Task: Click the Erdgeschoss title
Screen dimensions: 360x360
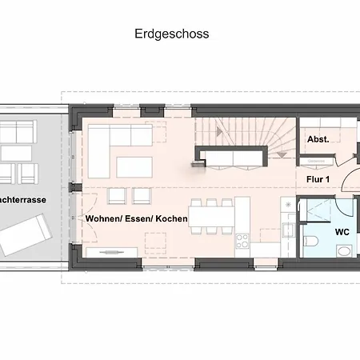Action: coord(172,34)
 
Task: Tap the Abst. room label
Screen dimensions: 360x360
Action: coord(318,139)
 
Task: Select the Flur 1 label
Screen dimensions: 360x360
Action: coord(318,179)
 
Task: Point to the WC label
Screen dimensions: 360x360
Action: coord(342,232)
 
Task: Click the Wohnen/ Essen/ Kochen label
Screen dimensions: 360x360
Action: coord(137,218)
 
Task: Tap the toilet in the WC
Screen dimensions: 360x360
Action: coord(310,242)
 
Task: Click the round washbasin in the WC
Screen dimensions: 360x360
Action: coord(343,251)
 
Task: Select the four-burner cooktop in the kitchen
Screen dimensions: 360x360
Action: coord(242,241)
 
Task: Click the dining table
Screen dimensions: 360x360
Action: coord(211,217)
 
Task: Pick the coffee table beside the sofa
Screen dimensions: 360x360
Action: coord(134,167)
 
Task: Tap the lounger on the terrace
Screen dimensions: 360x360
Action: coord(26,234)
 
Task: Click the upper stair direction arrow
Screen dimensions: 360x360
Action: coord(219,131)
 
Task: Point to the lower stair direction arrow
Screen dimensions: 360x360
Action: coord(282,154)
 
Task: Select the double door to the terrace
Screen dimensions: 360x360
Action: coord(90,218)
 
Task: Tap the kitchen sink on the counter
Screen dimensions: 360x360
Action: coord(288,230)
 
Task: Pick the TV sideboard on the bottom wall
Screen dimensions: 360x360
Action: coord(112,252)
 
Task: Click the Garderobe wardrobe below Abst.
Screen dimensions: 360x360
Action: coord(316,162)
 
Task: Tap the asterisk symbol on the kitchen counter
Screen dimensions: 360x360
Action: coord(288,205)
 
